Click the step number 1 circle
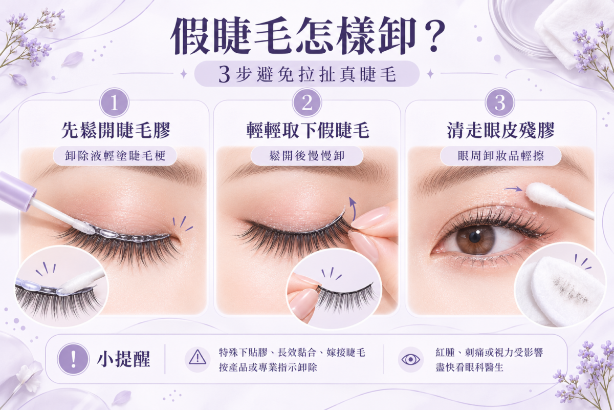point(114,103)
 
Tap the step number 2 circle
point(307,103)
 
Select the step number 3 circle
point(500,103)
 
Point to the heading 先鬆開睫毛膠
point(116,130)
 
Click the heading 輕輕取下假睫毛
point(308,130)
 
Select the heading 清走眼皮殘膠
point(500,130)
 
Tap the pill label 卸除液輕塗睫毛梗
point(115,156)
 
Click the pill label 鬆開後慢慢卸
point(307,156)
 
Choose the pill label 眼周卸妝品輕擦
point(501,156)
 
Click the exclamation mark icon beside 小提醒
point(73,359)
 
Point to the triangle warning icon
point(198,358)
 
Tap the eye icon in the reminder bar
point(410,359)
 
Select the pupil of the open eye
point(474,237)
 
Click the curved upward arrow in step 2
point(354,209)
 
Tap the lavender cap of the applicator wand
point(17,191)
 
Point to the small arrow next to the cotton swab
point(513,189)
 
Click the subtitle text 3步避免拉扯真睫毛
point(307,74)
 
